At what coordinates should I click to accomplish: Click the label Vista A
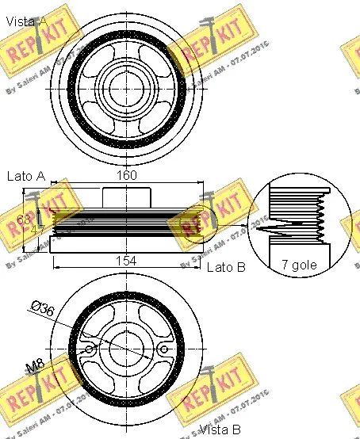coord(25,21)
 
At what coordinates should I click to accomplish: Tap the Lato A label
coord(25,176)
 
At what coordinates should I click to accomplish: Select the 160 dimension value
coord(127,176)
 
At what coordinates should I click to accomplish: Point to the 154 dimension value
coord(127,261)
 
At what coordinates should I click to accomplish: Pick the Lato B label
coord(227,267)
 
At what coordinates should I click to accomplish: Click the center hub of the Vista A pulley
coord(127,83)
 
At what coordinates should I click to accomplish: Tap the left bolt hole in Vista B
coord(90,349)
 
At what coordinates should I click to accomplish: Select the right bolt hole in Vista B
coord(164,349)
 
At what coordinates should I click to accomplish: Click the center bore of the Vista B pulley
coord(127,349)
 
